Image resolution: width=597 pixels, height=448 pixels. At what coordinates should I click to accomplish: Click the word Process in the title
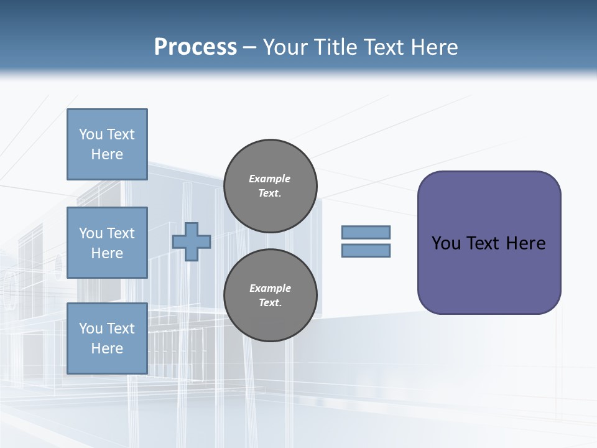pyautogui.click(x=195, y=47)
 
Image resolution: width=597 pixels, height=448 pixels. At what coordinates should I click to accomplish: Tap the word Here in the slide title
pyautogui.click(x=433, y=47)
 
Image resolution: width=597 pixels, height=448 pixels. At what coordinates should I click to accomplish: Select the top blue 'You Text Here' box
pyautogui.click(x=107, y=144)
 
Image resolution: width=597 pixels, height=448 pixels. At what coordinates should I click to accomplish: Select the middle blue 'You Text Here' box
pyautogui.click(x=107, y=243)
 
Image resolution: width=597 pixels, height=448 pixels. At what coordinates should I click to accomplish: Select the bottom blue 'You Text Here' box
pyautogui.click(x=107, y=338)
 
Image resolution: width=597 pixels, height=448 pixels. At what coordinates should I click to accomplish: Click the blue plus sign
pyautogui.click(x=192, y=241)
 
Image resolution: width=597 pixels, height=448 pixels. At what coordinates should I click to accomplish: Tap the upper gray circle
pyautogui.click(x=271, y=186)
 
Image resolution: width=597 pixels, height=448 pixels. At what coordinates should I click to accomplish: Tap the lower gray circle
pyautogui.click(x=271, y=296)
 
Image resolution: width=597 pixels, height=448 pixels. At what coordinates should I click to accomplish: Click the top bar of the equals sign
pyautogui.click(x=366, y=232)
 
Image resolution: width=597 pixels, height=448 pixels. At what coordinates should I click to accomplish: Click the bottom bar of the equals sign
pyautogui.click(x=366, y=251)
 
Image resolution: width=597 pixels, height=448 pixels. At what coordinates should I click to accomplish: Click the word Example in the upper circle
pyautogui.click(x=270, y=179)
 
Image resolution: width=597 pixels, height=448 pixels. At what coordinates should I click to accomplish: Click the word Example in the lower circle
pyautogui.click(x=270, y=288)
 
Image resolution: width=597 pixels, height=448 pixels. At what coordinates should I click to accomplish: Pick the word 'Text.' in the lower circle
pyautogui.click(x=270, y=303)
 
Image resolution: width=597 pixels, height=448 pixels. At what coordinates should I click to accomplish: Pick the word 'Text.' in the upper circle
pyautogui.click(x=270, y=194)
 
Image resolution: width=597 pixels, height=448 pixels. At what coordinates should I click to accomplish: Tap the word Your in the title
pyautogui.click(x=284, y=47)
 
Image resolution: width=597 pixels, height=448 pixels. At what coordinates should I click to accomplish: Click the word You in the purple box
pyautogui.click(x=446, y=243)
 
